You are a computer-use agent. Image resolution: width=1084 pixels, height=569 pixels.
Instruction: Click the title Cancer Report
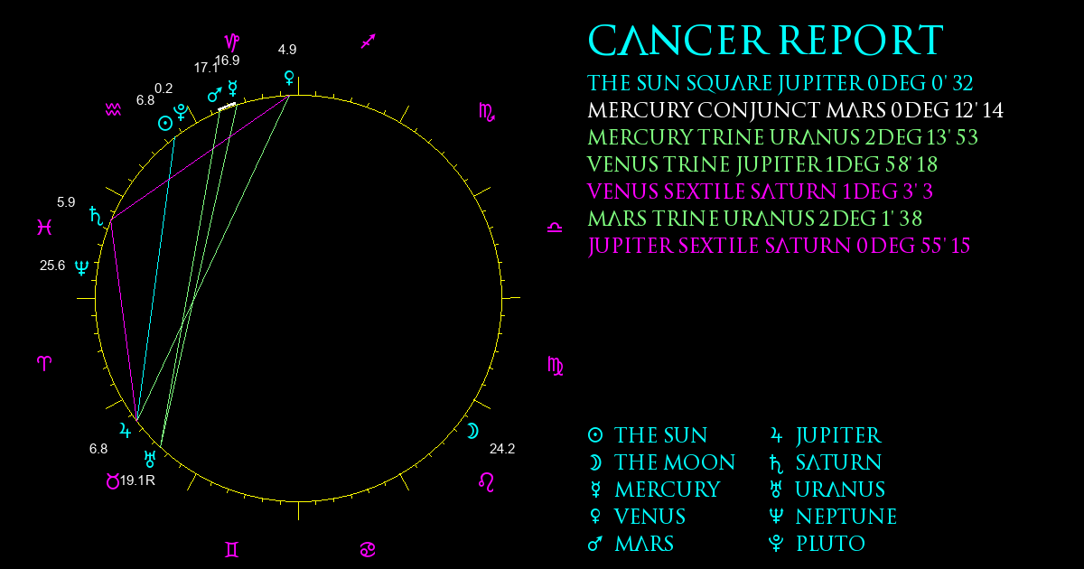[766, 40]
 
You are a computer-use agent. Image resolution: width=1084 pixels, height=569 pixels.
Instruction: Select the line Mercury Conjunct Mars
[795, 110]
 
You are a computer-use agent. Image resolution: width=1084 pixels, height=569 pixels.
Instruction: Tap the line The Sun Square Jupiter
[780, 83]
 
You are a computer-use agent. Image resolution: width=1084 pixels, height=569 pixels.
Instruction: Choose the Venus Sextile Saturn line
[761, 191]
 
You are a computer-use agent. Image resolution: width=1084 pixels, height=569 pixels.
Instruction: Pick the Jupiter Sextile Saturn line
[779, 246]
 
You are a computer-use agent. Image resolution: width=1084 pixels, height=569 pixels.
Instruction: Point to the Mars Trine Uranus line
[755, 219]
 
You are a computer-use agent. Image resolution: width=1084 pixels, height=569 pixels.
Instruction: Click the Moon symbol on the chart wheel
[472, 431]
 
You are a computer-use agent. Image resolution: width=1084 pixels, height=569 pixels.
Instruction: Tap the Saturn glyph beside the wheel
[97, 216]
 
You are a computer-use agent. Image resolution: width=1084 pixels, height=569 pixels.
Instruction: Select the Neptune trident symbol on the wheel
[82, 267]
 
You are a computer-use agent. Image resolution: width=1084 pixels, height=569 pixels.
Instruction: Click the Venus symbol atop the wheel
[289, 79]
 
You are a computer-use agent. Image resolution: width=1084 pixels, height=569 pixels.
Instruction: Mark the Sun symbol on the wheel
[165, 124]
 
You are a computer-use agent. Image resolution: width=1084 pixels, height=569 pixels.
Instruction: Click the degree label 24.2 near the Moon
[502, 449]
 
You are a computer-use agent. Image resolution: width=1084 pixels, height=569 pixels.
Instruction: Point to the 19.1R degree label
[137, 480]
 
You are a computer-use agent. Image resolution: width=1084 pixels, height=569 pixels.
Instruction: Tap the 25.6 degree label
[52, 266]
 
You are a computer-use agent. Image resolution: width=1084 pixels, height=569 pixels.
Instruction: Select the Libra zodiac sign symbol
[555, 228]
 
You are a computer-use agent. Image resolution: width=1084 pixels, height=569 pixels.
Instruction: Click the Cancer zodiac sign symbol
[368, 550]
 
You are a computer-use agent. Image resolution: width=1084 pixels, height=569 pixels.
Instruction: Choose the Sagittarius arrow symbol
[369, 42]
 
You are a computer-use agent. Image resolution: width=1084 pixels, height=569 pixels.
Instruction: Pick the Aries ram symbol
[44, 363]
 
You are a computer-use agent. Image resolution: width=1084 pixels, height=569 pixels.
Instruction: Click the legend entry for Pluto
[817, 544]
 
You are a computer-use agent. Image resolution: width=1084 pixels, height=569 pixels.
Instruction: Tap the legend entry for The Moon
[661, 462]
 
